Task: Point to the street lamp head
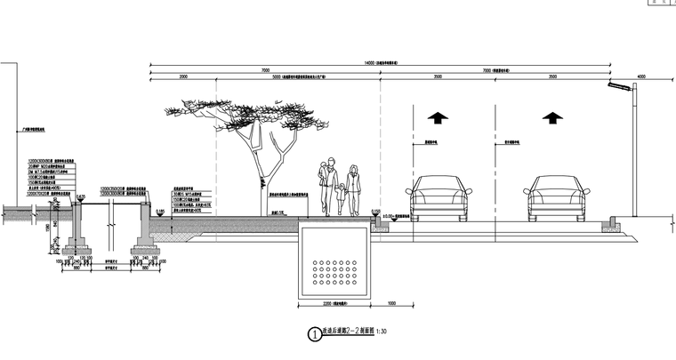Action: (x=616, y=85)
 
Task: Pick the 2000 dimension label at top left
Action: (x=183, y=77)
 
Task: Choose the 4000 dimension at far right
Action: (x=641, y=77)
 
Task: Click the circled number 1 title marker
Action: (x=313, y=335)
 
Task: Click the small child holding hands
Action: (x=341, y=200)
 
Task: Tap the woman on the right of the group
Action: (x=354, y=189)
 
